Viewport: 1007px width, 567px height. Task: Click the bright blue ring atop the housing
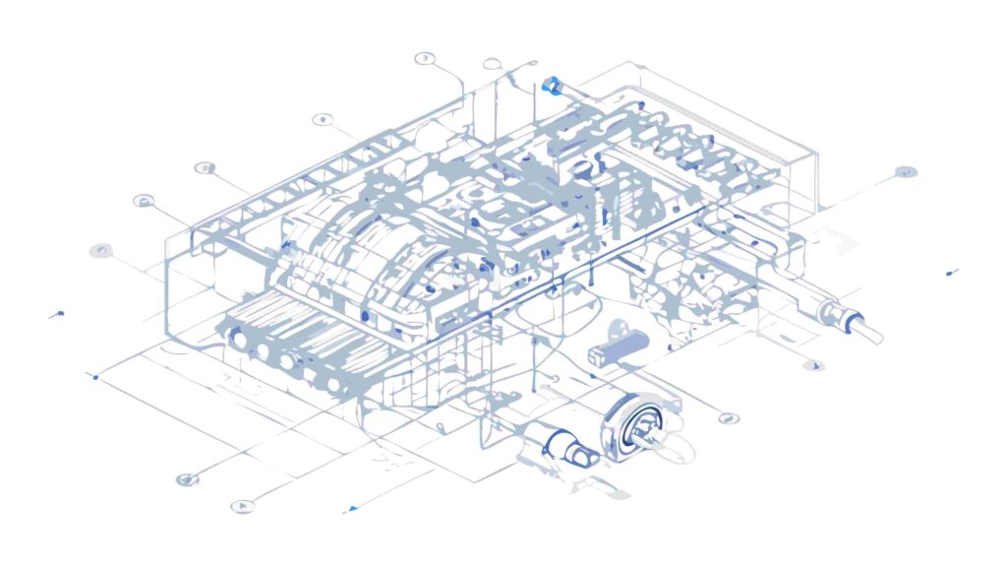point(552,86)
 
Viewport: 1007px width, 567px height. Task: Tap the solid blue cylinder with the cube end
point(617,352)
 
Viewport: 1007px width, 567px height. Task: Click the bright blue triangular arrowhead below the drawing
point(350,509)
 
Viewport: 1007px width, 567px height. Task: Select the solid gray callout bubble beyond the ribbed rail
point(905,172)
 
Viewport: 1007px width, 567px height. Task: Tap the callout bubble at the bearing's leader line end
point(727,417)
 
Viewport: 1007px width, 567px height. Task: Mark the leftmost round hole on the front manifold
point(236,337)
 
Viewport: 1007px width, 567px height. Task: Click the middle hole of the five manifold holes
point(286,360)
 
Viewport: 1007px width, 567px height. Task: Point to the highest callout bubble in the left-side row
point(425,58)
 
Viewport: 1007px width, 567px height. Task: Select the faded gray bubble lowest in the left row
point(99,250)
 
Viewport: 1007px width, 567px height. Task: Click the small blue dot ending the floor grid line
point(95,376)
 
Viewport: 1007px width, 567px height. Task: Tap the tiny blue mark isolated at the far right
point(950,272)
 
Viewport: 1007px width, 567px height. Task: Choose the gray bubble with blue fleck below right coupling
point(813,365)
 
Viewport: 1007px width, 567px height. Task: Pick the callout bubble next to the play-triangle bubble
point(186,479)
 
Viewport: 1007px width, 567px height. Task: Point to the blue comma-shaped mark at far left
point(57,315)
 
